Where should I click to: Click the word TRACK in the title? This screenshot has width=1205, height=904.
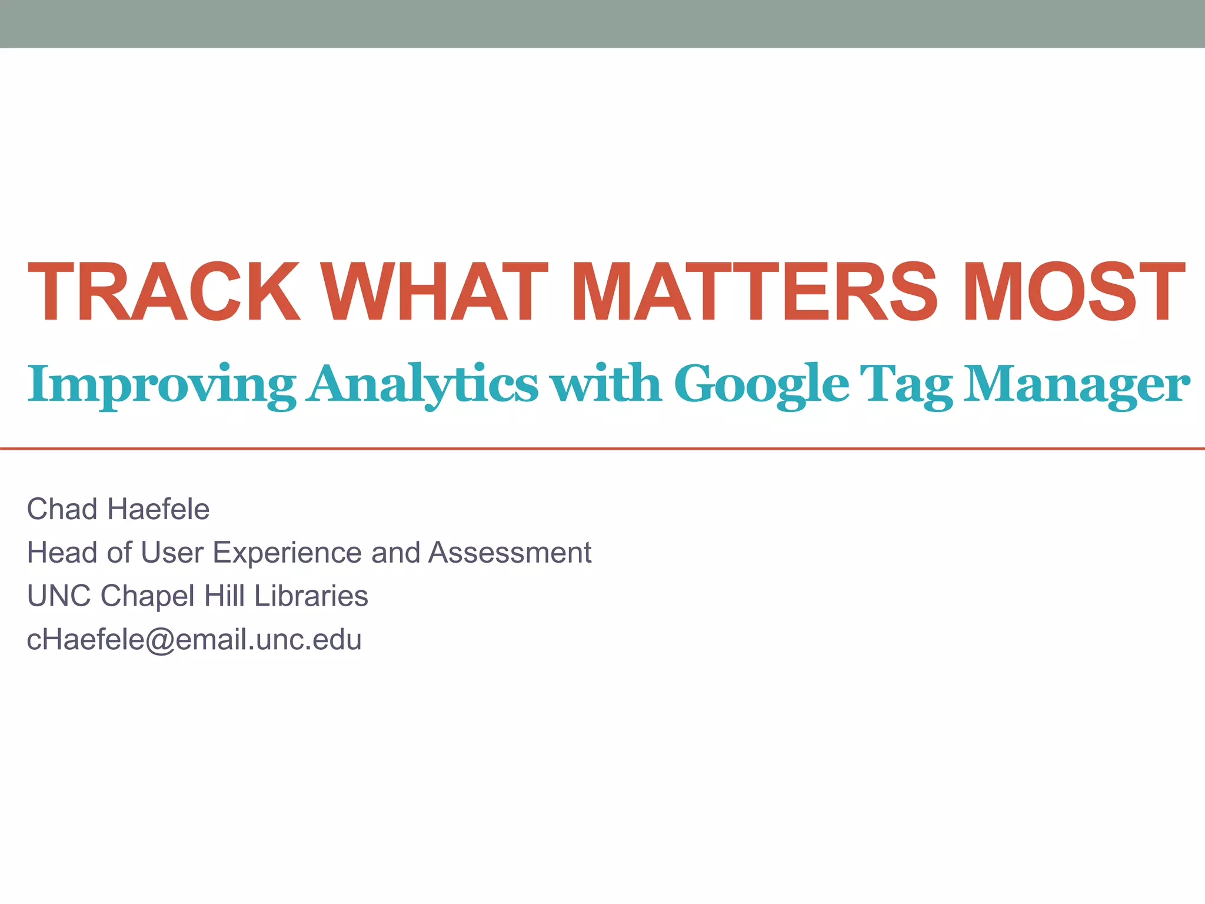[164, 293]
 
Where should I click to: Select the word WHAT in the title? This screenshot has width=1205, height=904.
[435, 293]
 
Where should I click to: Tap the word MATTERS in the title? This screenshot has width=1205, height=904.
[754, 293]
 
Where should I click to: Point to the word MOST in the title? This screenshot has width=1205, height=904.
[1073, 293]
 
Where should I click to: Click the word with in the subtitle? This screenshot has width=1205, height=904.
[607, 384]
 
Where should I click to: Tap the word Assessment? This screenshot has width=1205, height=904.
[510, 553]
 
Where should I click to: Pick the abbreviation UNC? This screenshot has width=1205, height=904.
[59, 596]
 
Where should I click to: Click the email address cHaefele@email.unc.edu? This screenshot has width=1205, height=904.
[194, 640]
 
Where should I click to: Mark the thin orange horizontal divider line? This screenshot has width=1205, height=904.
[602, 448]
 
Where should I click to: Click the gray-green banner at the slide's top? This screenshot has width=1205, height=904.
[602, 24]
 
